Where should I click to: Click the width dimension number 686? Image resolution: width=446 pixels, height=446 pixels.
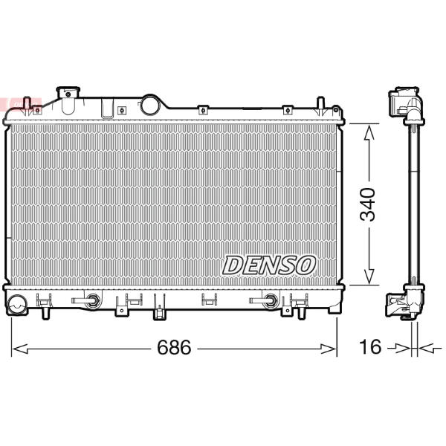[x=174, y=347]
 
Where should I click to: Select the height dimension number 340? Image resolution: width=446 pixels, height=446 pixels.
[x=368, y=204]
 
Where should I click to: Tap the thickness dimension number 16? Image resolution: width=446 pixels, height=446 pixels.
[x=370, y=346]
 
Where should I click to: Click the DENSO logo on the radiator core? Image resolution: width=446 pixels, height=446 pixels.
[x=269, y=265]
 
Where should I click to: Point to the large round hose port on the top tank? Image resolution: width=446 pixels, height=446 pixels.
[x=150, y=105]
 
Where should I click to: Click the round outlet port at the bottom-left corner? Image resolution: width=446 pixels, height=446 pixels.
[x=17, y=305]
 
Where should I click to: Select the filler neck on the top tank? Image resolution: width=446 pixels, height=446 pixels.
[x=68, y=100]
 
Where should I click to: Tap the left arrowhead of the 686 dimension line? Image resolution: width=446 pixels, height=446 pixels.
[x=20, y=349]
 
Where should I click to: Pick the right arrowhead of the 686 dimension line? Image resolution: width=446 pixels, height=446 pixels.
[x=329, y=349]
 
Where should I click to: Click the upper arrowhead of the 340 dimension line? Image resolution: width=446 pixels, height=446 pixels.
[x=369, y=133]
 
